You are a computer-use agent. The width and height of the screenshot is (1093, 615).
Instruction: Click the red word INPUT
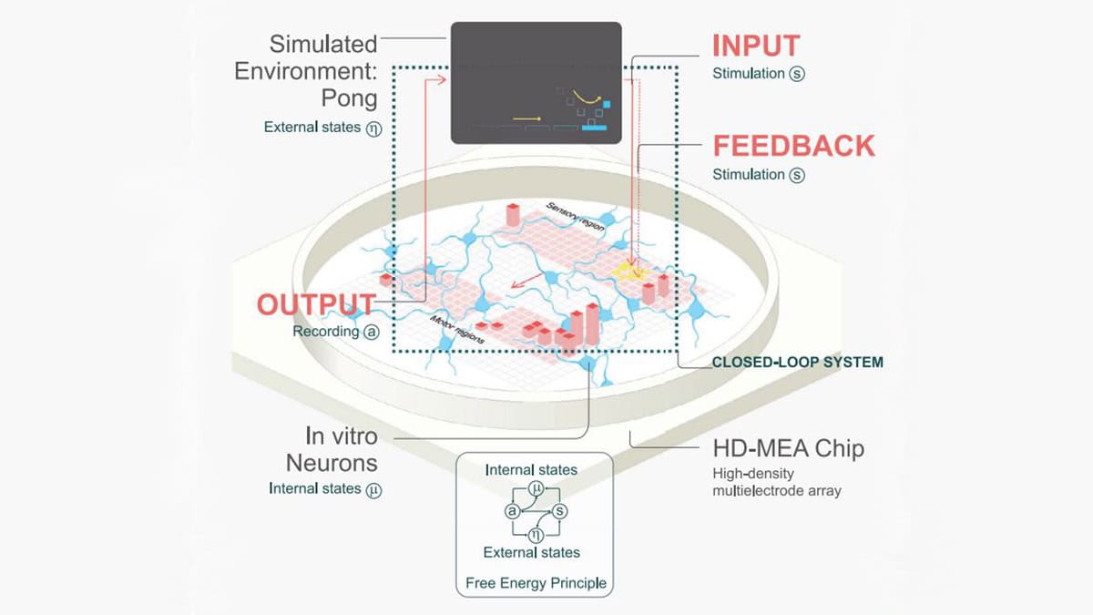pyautogui.click(x=757, y=46)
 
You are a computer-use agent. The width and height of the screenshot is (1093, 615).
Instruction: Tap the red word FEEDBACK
pyautogui.click(x=793, y=146)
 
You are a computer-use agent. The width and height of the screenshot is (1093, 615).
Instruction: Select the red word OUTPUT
pyautogui.click(x=315, y=304)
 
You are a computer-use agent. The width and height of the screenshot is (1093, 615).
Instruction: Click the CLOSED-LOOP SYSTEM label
pyautogui.click(x=797, y=362)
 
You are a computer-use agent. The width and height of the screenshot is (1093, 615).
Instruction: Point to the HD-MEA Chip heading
pyautogui.click(x=788, y=448)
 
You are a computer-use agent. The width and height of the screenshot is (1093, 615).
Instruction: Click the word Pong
pyautogui.click(x=352, y=97)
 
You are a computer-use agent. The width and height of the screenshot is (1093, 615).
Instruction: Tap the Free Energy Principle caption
pyautogui.click(x=535, y=583)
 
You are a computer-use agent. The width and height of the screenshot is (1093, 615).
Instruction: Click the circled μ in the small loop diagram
pyautogui.click(x=536, y=491)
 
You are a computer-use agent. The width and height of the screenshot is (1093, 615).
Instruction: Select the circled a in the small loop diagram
pyautogui.click(x=513, y=511)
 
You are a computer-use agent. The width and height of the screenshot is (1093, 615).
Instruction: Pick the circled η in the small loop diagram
pyautogui.click(x=536, y=534)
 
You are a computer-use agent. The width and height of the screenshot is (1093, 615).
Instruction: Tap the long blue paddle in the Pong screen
pyautogui.click(x=594, y=128)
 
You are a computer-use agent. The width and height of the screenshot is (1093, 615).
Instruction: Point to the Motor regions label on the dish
pyautogui.click(x=455, y=329)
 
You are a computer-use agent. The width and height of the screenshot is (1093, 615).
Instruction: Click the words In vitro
pyautogui.click(x=342, y=436)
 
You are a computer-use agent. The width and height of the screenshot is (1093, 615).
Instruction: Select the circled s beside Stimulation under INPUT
pyautogui.click(x=798, y=74)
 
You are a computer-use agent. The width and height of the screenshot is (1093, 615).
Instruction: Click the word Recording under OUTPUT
pyautogui.click(x=325, y=332)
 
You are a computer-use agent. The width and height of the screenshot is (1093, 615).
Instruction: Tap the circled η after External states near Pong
pyautogui.click(x=373, y=128)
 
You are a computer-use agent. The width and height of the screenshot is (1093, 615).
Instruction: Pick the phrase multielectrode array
pyautogui.click(x=777, y=491)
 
